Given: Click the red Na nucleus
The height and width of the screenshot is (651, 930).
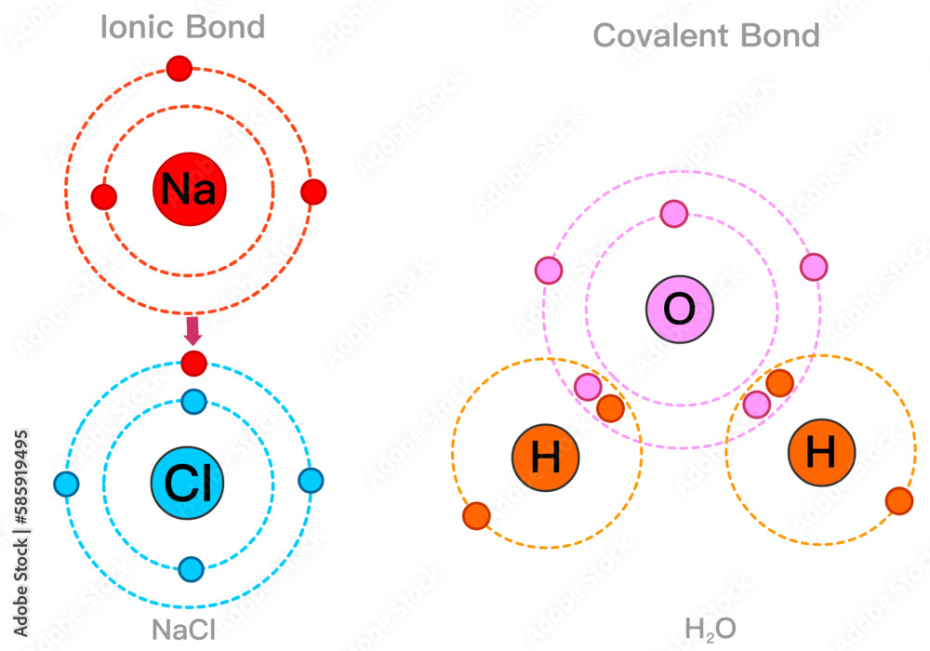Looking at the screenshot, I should point(189,190).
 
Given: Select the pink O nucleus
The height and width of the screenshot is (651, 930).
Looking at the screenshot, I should point(680,310).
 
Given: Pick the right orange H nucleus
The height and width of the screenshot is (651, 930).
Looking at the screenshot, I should point(821,454).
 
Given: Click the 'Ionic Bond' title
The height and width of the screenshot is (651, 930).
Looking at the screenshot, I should point(182,27).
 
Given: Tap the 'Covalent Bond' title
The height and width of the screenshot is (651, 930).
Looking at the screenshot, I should point(706,36).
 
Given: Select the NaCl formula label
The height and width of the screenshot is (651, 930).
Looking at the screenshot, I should point(184,630).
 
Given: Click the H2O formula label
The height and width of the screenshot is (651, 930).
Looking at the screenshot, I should point(711,630).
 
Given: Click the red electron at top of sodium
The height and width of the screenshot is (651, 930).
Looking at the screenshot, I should point(179,68).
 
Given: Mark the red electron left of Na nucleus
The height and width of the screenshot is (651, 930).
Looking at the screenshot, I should point(104,197).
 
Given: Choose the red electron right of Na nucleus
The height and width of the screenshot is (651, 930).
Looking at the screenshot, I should point(314,192).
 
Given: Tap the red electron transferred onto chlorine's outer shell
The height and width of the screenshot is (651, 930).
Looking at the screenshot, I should point(193,362).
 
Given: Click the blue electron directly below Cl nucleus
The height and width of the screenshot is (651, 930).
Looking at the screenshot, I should point(191,568).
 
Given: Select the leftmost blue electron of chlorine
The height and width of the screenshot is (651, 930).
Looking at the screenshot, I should point(66,485).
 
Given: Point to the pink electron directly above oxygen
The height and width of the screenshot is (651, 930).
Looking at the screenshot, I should point(674,214).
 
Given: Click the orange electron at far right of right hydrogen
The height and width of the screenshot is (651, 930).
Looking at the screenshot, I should point(899,500).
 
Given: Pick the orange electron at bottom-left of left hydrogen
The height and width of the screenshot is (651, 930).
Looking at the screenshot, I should point(476,514).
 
